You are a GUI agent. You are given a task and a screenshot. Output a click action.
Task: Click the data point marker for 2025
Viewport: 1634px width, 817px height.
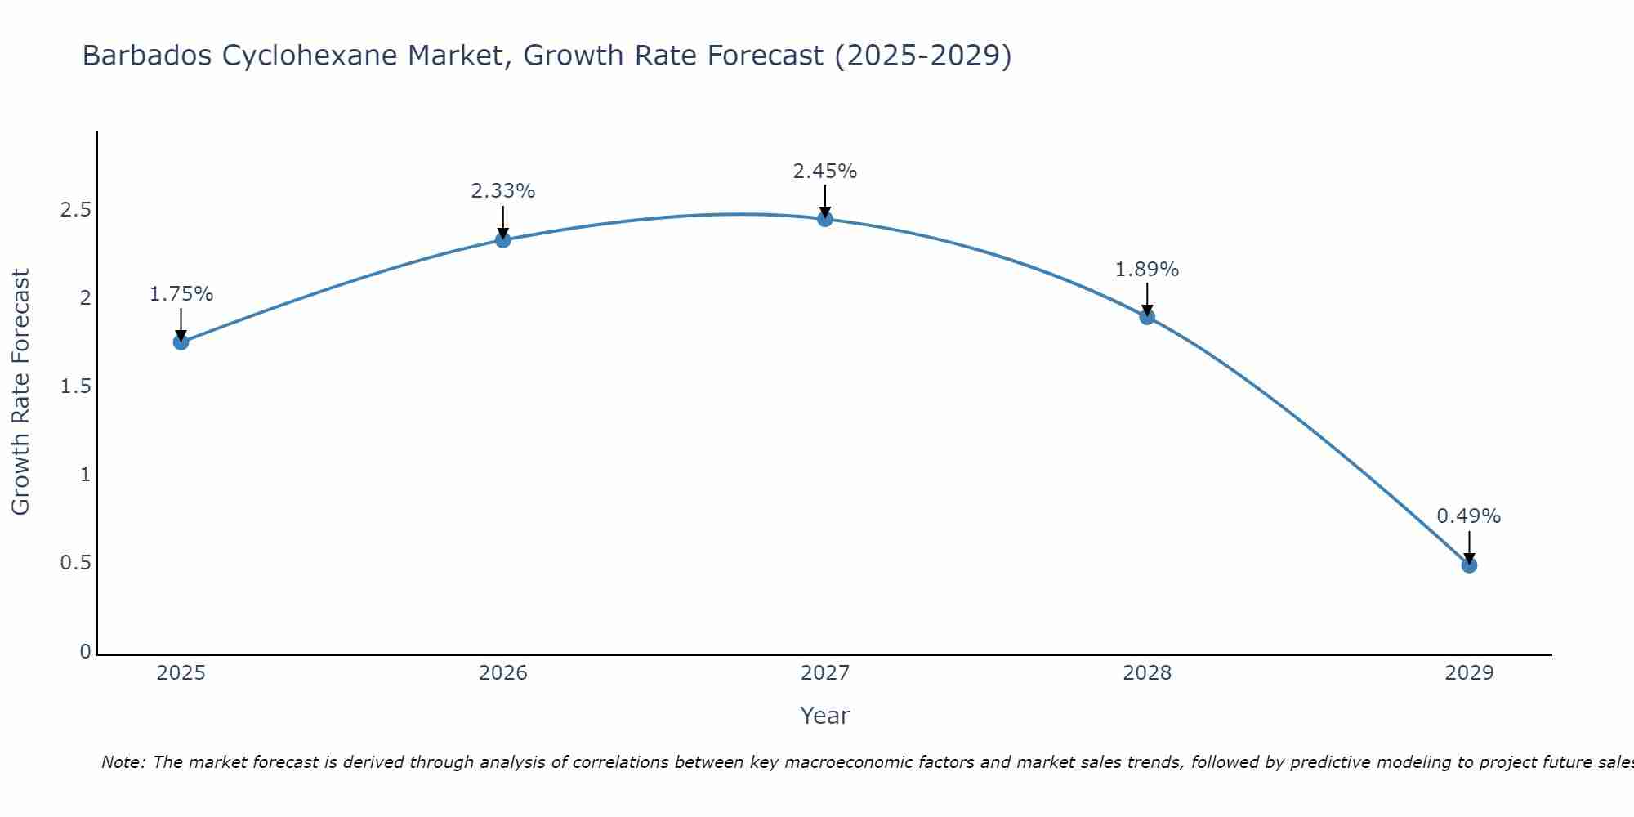coord(181,342)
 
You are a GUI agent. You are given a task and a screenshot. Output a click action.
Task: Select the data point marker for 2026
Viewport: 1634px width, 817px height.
coord(503,239)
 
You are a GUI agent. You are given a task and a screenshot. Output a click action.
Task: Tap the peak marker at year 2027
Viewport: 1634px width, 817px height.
coord(825,219)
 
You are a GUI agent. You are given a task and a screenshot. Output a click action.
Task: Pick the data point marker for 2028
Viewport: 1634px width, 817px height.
coord(1147,317)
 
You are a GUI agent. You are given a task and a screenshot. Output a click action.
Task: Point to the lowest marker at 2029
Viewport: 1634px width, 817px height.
coord(1469,565)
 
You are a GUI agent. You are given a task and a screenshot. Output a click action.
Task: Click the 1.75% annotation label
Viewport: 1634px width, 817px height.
coord(181,294)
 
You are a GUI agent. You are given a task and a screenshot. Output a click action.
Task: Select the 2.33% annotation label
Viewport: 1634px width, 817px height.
coord(503,191)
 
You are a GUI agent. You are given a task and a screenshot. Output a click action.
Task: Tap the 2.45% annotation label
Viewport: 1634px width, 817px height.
coord(825,172)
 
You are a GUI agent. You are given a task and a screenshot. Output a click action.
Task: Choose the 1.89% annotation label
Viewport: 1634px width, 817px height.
coord(1147,270)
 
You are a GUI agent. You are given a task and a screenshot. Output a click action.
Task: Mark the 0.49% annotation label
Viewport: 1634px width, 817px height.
coord(1469,516)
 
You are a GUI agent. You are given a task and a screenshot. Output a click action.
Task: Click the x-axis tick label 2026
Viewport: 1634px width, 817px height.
coord(503,673)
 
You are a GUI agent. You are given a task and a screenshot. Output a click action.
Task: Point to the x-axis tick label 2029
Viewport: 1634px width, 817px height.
coord(1469,673)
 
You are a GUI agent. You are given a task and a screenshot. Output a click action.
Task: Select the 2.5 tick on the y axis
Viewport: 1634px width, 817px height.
coord(75,210)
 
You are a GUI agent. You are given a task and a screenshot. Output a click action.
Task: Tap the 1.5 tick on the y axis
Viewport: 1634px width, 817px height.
coord(75,386)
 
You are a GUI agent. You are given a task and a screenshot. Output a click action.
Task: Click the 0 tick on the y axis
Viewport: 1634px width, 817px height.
coord(85,652)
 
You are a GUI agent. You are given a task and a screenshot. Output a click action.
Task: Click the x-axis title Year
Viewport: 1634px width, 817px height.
coord(825,716)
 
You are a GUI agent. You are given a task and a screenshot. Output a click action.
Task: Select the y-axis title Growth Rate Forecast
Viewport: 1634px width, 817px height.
coord(20,392)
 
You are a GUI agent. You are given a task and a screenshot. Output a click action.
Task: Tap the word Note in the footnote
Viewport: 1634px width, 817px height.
coord(123,762)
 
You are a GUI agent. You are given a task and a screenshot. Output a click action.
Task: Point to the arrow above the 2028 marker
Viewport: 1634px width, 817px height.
coord(1147,299)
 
